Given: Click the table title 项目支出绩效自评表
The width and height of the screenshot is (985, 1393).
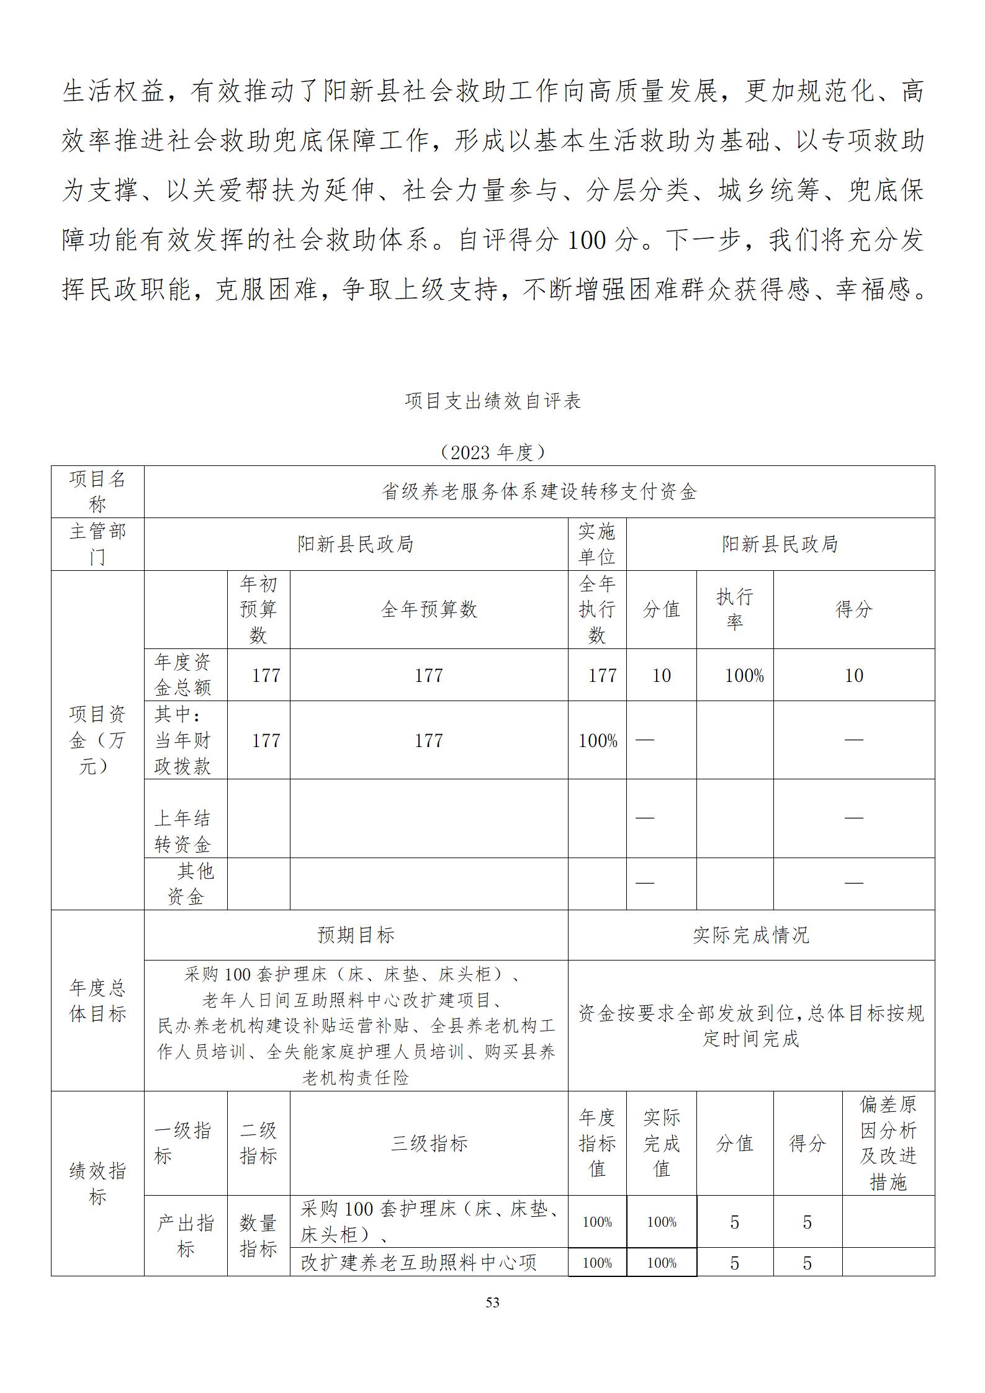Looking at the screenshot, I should pos(492,401).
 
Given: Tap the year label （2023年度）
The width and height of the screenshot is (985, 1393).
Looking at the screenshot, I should pos(492,452).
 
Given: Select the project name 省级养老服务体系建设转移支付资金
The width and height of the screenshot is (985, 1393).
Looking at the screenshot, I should pos(539,492).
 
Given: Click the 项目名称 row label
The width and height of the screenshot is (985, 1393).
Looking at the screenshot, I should pos(97,491).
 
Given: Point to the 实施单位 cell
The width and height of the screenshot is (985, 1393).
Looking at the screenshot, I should pos(596,544).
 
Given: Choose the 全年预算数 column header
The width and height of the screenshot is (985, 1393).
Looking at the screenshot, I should pos(428,609).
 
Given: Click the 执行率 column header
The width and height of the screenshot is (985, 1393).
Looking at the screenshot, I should pos(734,609).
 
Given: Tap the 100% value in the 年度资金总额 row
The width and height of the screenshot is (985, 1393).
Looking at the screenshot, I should pos(744,675).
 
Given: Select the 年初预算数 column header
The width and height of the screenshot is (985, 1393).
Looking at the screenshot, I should pos(258,609).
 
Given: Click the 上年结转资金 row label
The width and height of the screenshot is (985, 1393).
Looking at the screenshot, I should pos(182,831).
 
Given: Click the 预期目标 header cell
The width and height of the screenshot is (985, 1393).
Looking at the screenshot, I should pos(356,935).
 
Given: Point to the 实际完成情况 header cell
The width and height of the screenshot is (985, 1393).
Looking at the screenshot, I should pos(751,935).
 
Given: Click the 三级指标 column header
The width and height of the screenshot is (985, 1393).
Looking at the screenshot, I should pos(428,1143).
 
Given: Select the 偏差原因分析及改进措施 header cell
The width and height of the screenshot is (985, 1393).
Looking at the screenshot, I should pos(888,1143).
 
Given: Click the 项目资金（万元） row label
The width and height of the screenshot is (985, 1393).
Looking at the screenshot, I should pos(97,740).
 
